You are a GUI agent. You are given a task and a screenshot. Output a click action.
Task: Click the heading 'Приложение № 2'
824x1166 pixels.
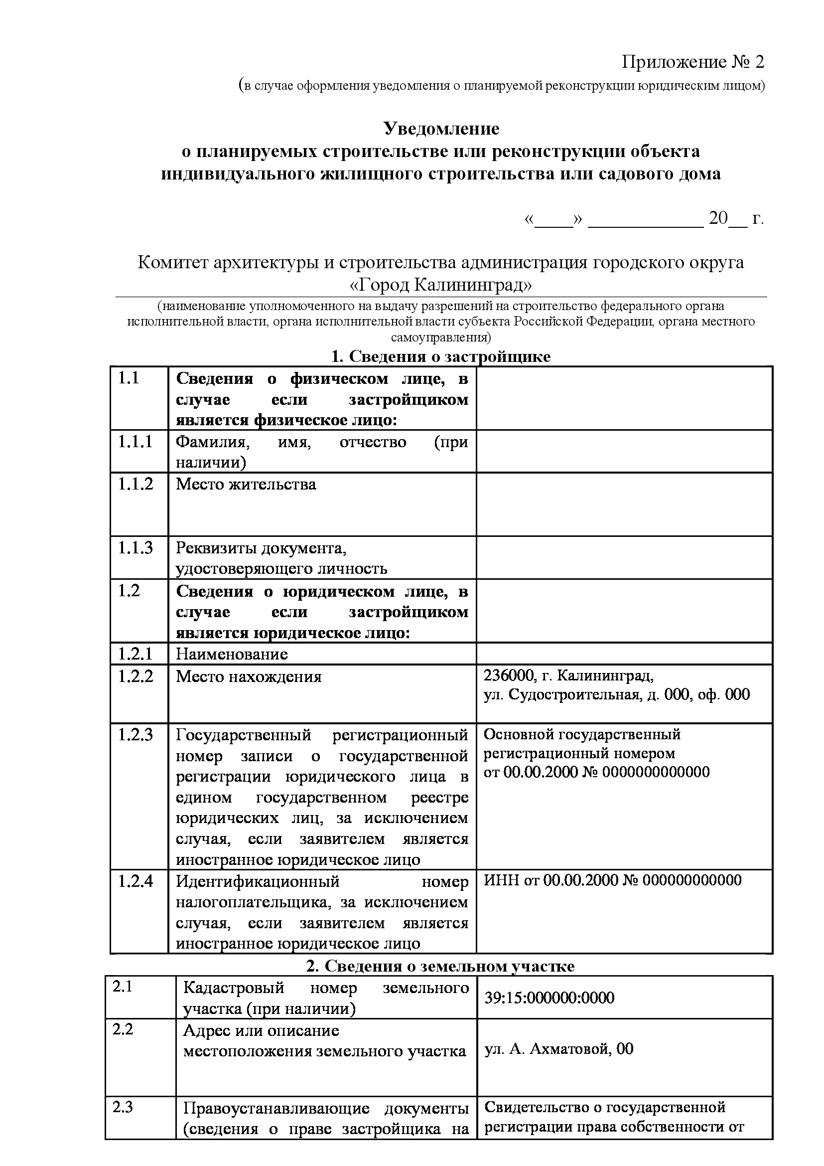pos(692,62)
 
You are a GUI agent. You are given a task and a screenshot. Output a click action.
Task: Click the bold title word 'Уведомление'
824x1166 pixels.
pos(441,129)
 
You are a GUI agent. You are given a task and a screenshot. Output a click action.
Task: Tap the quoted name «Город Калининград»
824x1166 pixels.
pos(441,286)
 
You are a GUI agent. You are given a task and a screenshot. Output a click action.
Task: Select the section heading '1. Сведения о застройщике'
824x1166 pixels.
pos(441,356)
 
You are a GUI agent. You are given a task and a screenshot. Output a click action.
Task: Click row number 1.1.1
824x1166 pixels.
pos(135,442)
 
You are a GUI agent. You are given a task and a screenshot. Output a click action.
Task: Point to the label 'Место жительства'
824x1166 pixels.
pos(246,484)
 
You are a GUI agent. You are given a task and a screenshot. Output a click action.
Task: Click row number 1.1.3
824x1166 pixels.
pos(135,548)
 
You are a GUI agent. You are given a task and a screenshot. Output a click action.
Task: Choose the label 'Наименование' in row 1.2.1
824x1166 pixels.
pos(231,654)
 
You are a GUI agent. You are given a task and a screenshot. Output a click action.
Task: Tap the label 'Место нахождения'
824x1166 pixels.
pos(249,676)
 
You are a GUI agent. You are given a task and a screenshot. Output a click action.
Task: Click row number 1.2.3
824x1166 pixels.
pos(135,735)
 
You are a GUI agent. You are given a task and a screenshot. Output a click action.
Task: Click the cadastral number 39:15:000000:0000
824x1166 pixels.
pos(549,998)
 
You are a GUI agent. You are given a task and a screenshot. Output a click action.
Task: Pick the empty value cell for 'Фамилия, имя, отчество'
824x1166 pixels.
pos(624,452)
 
